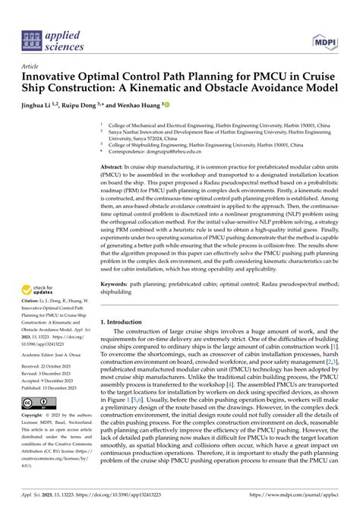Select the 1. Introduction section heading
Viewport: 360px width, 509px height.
[x=126, y=322]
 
